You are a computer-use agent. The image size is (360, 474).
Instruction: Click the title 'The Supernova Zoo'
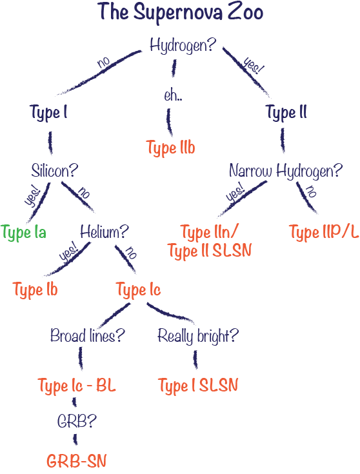pyautogui.click(x=180, y=14)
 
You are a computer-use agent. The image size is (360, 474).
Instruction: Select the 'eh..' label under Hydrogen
pyautogui.click(x=173, y=95)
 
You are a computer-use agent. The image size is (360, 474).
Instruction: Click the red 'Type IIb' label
pyautogui.click(x=170, y=148)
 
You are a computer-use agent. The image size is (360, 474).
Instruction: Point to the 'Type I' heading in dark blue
pyautogui.click(x=48, y=113)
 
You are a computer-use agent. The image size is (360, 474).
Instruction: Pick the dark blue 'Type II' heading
pyautogui.click(x=286, y=112)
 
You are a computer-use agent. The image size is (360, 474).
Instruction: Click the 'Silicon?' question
pyautogui.click(x=54, y=171)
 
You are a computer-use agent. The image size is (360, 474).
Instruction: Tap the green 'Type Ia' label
pyautogui.click(x=23, y=233)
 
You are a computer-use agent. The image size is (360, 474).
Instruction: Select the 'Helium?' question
pyautogui.click(x=105, y=232)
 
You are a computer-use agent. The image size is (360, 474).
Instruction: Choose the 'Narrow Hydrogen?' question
pyautogui.click(x=286, y=171)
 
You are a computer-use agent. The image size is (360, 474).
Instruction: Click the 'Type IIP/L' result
pyautogui.click(x=324, y=232)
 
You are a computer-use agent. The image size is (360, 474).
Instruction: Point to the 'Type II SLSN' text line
pyautogui.click(x=210, y=251)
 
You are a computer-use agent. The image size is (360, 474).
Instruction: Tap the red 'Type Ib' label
pyautogui.click(x=35, y=290)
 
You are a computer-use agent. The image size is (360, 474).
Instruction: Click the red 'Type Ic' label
pyautogui.click(x=139, y=290)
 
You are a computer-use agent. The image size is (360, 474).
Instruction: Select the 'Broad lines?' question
pyautogui.click(x=88, y=335)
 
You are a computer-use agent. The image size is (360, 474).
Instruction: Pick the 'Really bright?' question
pyautogui.click(x=198, y=336)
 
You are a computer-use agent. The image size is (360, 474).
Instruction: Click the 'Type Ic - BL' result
pyautogui.click(x=77, y=386)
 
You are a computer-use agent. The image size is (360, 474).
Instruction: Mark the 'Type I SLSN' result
pyautogui.click(x=198, y=386)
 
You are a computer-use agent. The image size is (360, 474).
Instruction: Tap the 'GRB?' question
pyautogui.click(x=77, y=420)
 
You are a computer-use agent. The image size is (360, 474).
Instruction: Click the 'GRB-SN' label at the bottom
pyautogui.click(x=77, y=460)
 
